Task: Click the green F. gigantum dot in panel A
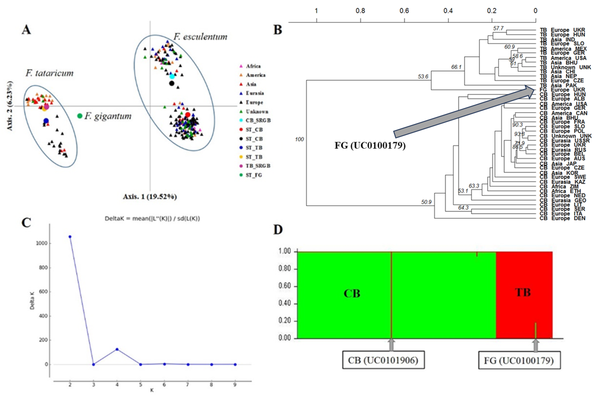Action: [x=80, y=116]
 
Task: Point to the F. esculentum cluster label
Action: [x=200, y=37]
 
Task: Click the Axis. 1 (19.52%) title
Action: [x=150, y=197]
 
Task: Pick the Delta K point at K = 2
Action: [x=70, y=237]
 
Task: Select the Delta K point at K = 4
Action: [x=117, y=349]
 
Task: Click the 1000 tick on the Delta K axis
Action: [x=42, y=243]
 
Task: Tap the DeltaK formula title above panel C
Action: [x=152, y=219]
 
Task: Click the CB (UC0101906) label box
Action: [x=383, y=360]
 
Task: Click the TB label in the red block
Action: [x=523, y=292]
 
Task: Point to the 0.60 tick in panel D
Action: [x=284, y=286]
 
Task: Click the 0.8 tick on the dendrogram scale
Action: [x=360, y=11]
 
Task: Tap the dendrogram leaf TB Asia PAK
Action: [x=558, y=85]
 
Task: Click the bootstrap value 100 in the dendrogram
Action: [x=299, y=139]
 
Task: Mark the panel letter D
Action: [x=278, y=230]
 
